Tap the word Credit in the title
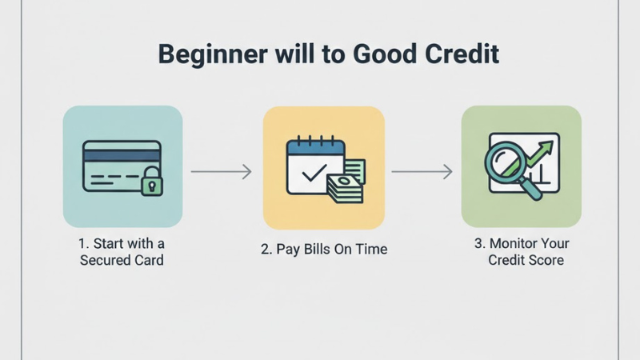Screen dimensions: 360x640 click(x=462, y=54)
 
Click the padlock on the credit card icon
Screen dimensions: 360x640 click(x=150, y=185)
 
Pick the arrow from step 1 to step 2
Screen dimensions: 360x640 click(x=222, y=171)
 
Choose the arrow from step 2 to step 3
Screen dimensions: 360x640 click(x=422, y=171)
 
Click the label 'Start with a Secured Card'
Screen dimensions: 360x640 click(x=122, y=251)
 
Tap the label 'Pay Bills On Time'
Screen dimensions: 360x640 click(x=324, y=250)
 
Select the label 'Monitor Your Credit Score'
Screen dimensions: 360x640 click(x=526, y=251)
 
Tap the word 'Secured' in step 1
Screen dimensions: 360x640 click(x=105, y=261)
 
